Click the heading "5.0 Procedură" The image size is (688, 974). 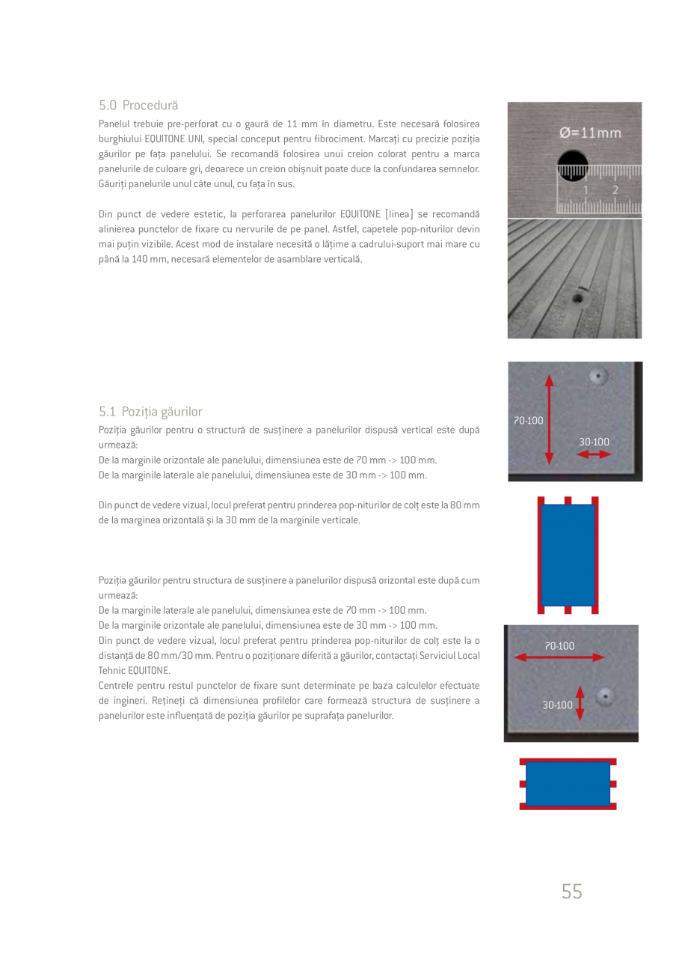(138, 105)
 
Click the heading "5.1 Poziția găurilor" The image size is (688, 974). (150, 412)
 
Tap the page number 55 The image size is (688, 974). (571, 892)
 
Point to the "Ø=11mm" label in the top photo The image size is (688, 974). (590, 133)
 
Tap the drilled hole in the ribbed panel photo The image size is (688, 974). (577, 299)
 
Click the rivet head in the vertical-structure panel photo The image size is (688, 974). (598, 376)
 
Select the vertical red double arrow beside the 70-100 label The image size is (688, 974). (550, 419)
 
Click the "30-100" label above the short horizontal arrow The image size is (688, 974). (594, 442)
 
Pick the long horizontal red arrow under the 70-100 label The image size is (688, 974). (560, 657)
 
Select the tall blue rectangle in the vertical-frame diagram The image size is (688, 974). (568, 555)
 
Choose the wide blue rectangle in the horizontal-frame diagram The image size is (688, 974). (568, 784)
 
